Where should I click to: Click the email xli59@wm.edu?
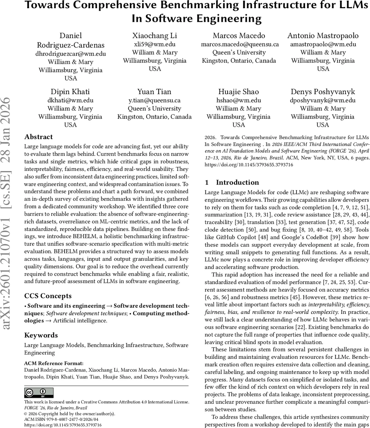tap(154, 44)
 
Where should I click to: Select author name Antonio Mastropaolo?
tap(323, 36)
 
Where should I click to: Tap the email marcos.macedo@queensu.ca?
tap(240, 44)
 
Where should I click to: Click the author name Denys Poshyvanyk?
tap(323, 92)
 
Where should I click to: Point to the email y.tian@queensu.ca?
tap(154, 100)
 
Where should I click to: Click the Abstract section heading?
tap(39, 137)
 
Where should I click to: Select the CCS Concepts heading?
tap(48, 296)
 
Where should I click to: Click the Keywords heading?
tap(41, 335)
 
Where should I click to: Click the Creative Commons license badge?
tap(39, 392)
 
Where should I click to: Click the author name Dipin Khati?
tap(70, 92)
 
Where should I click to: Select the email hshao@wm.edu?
tap(238, 100)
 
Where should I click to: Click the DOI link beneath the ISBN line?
tap(63, 425)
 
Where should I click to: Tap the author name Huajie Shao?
tap(238, 92)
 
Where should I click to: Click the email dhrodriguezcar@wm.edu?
tap(70, 54)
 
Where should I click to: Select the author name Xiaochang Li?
tap(154, 36)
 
